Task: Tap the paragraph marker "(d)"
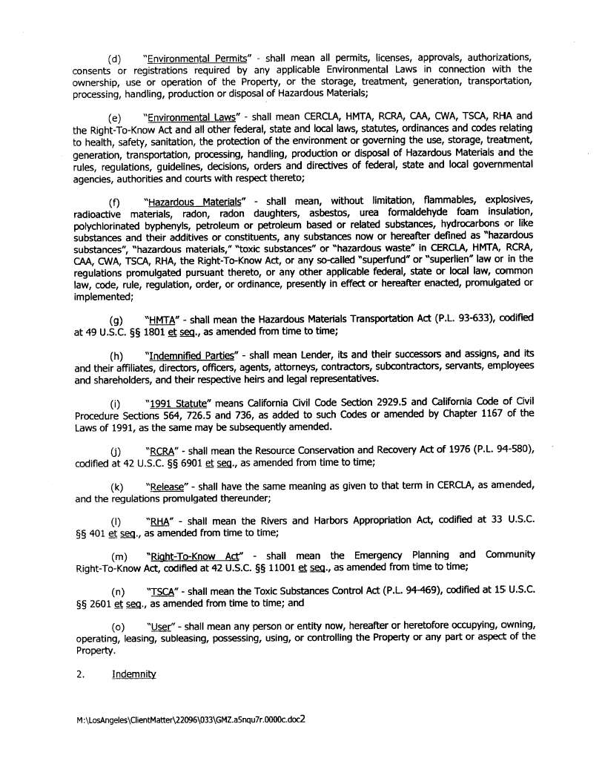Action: [x=115, y=58]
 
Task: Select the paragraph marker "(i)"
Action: [x=115, y=404]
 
